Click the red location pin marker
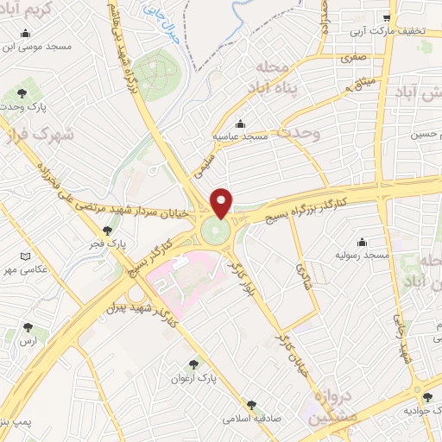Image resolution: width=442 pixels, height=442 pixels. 222,203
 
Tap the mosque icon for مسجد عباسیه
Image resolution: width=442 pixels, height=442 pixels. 241,123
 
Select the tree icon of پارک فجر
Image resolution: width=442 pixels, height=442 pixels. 107,230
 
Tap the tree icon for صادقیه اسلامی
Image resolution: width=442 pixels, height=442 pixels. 252,403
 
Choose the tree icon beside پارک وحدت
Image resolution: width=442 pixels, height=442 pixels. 21,92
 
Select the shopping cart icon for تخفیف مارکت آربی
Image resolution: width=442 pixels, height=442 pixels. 388,17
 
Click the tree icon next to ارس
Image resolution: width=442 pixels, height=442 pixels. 28,327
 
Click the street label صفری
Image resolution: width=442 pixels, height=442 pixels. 354,60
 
